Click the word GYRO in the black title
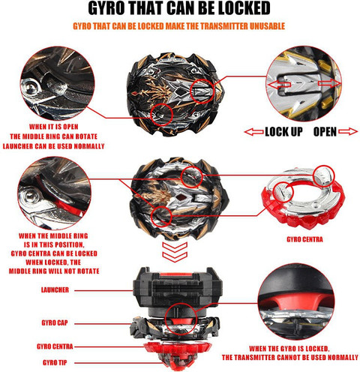click(x=106, y=8)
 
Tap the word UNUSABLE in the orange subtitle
click(x=267, y=26)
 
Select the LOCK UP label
click(x=283, y=131)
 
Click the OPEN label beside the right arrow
click(x=325, y=131)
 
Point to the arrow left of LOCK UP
click(x=253, y=132)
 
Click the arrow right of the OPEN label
click(x=348, y=131)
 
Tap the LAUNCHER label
click(x=55, y=290)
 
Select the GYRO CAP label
click(x=55, y=322)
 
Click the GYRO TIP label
click(x=55, y=362)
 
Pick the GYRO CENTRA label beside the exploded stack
click(x=55, y=346)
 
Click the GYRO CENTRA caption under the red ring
click(x=304, y=239)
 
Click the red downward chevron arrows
click(x=175, y=252)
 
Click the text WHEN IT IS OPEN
click(x=54, y=127)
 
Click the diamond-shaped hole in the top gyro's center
click(x=179, y=92)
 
